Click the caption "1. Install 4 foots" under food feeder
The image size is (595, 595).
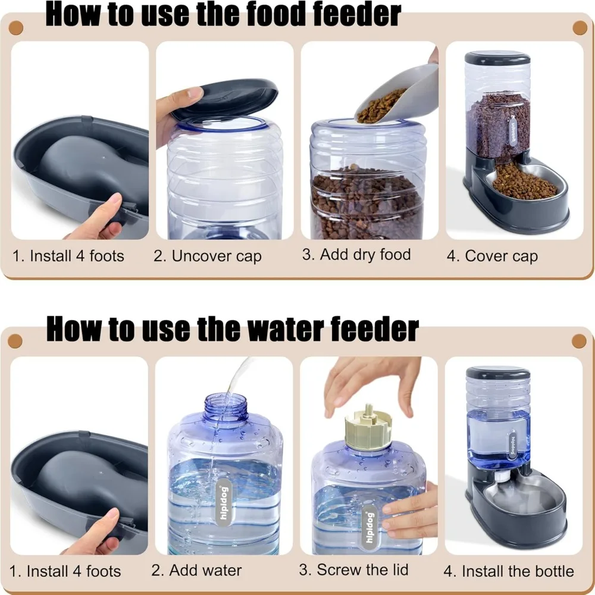68,256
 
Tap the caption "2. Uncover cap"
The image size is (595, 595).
207,256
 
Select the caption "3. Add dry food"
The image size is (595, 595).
356,255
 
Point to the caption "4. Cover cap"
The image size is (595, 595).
492,256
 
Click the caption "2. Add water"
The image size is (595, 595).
196,570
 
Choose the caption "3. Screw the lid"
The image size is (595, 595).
355,569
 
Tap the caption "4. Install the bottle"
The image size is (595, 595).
509,572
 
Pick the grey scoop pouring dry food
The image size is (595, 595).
397,95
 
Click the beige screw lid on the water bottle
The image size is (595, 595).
367,426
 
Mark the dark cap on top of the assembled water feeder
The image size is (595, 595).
497,373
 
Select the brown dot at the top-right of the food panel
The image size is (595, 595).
580,27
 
